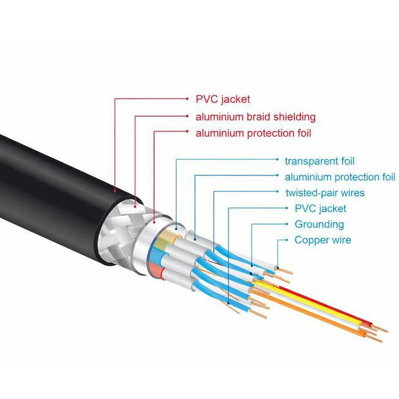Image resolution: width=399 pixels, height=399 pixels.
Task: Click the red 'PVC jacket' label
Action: pyautogui.click(x=223, y=99)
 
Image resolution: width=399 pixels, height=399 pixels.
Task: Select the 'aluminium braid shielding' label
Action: pyautogui.click(x=256, y=117)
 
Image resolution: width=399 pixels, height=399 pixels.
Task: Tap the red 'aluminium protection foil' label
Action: pyautogui.click(x=253, y=133)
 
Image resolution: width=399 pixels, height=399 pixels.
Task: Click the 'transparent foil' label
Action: pyautogui.click(x=319, y=161)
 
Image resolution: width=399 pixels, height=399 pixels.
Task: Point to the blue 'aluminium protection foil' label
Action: pyautogui.click(x=340, y=177)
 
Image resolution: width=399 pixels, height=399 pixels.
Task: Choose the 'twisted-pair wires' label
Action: pyautogui.click(x=325, y=193)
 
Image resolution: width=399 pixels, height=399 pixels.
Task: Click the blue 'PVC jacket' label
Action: pyautogui.click(x=320, y=208)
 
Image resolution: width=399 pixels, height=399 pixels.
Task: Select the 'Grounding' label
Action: pyautogui.click(x=319, y=224)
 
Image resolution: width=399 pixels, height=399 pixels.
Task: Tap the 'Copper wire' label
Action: pyautogui.click(x=323, y=240)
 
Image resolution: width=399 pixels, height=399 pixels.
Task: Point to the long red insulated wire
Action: pyautogui.click(x=324, y=306)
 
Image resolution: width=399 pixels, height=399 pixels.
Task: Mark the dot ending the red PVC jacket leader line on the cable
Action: pyautogui.click(x=115, y=191)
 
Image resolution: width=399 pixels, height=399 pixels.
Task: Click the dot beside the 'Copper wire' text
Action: pyautogui.click(x=287, y=240)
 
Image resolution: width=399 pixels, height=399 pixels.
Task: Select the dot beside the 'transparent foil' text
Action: pyautogui.click(x=277, y=159)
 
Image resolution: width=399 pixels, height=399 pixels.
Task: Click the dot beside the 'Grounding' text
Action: pyautogui.click(x=287, y=224)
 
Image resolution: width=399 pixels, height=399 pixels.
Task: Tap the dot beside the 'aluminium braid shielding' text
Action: pyautogui.click(x=187, y=116)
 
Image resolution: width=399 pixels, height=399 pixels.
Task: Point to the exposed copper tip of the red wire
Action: pyautogui.click(x=379, y=329)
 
